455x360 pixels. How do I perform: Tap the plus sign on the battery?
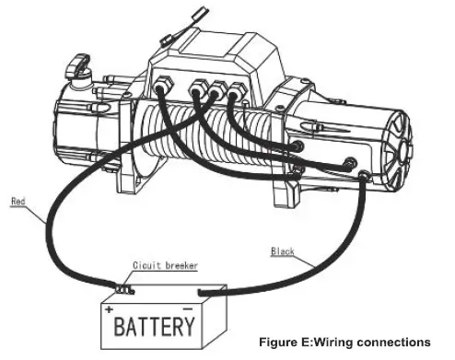[110, 309]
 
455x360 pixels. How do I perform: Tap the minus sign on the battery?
[188, 308]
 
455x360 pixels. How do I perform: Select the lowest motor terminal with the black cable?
[367, 178]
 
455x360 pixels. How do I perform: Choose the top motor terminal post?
[297, 145]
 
